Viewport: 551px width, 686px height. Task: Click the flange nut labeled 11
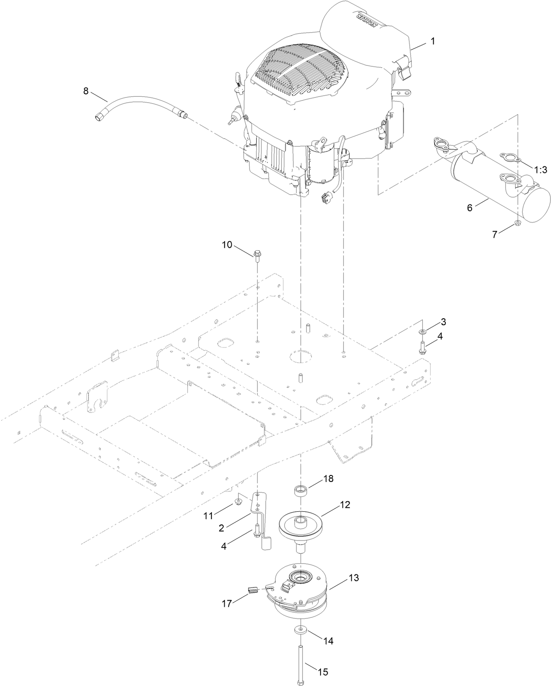pos(239,501)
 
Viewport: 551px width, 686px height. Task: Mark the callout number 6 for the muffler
pos(470,208)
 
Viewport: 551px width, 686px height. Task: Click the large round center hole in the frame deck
pos(300,356)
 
